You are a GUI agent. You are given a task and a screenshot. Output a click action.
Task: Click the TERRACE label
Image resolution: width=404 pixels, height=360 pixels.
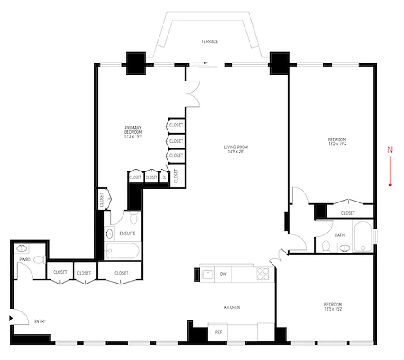point(209,42)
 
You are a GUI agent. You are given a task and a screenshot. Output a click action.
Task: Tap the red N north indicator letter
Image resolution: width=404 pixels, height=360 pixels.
point(390,150)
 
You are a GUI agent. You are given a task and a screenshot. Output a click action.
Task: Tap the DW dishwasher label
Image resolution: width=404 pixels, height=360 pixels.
point(222,274)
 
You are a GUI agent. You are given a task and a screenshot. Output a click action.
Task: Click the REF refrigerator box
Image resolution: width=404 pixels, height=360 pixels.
point(218,333)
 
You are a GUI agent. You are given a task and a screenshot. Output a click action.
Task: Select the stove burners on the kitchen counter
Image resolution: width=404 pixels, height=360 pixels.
point(263,273)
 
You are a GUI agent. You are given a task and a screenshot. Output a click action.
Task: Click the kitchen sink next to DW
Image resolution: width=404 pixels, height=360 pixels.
point(207,274)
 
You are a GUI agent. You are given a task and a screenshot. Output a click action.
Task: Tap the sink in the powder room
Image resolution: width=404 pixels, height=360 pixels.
point(21,248)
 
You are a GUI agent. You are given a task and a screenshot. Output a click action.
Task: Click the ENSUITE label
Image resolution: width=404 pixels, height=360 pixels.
point(127,234)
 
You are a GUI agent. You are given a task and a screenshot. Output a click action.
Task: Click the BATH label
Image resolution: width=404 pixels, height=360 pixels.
point(340,235)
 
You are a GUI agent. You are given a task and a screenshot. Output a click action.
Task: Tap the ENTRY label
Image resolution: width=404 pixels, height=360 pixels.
point(41,321)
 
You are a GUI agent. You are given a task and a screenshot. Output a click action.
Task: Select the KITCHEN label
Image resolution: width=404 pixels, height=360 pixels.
point(232,307)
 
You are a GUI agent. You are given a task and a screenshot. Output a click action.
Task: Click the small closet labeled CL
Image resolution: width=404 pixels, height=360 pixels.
point(164,177)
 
